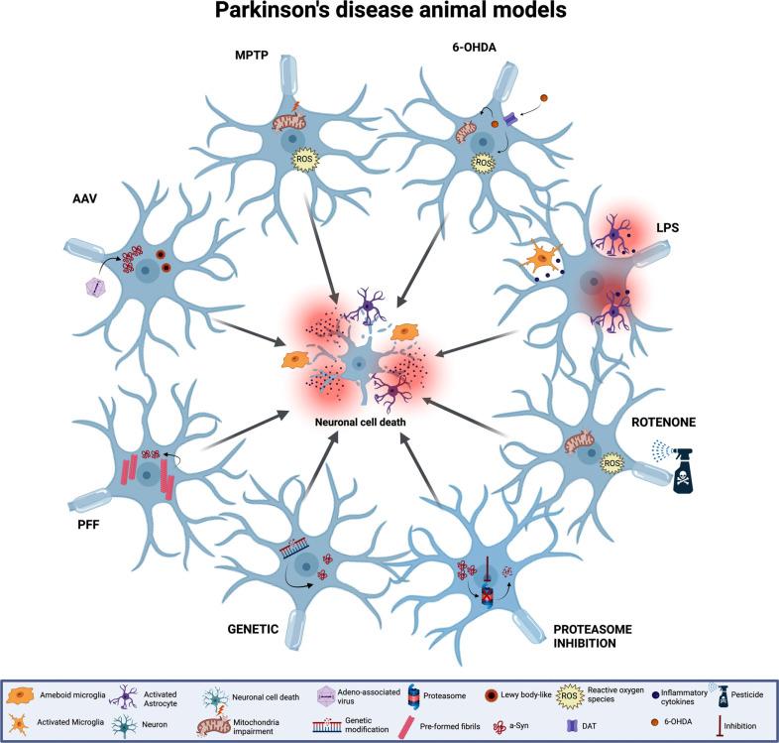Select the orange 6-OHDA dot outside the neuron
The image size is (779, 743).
click(542, 99)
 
